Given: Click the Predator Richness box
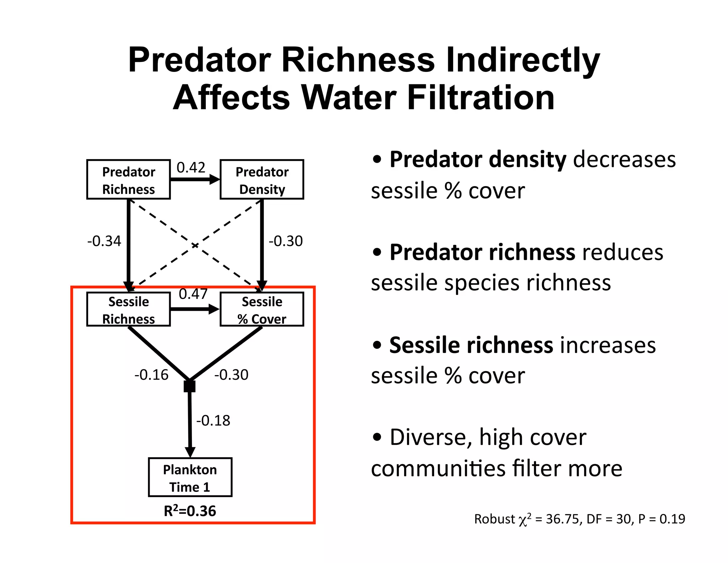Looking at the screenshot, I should click(128, 180).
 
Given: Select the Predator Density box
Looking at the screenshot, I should click(262, 180).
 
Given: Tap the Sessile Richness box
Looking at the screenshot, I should click(128, 309).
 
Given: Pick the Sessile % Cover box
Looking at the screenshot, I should click(262, 309).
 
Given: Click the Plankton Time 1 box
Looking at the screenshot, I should click(190, 477).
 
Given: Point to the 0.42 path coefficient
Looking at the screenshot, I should click(191, 167).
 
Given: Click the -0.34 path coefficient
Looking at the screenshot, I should click(104, 241).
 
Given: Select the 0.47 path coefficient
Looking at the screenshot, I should click(193, 294).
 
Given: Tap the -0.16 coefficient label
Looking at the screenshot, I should click(151, 375).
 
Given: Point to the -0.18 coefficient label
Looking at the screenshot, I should click(213, 421).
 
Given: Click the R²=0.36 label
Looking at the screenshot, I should click(190, 511).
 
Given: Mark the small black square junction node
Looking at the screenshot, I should click(189, 386).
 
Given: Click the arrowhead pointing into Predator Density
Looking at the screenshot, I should click(215, 179).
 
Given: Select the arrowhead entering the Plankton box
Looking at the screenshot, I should click(190, 452).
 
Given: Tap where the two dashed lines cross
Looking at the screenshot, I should click(195, 246).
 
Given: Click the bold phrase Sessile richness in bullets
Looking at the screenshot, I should click(471, 345).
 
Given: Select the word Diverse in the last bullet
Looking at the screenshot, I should click(428, 437).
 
